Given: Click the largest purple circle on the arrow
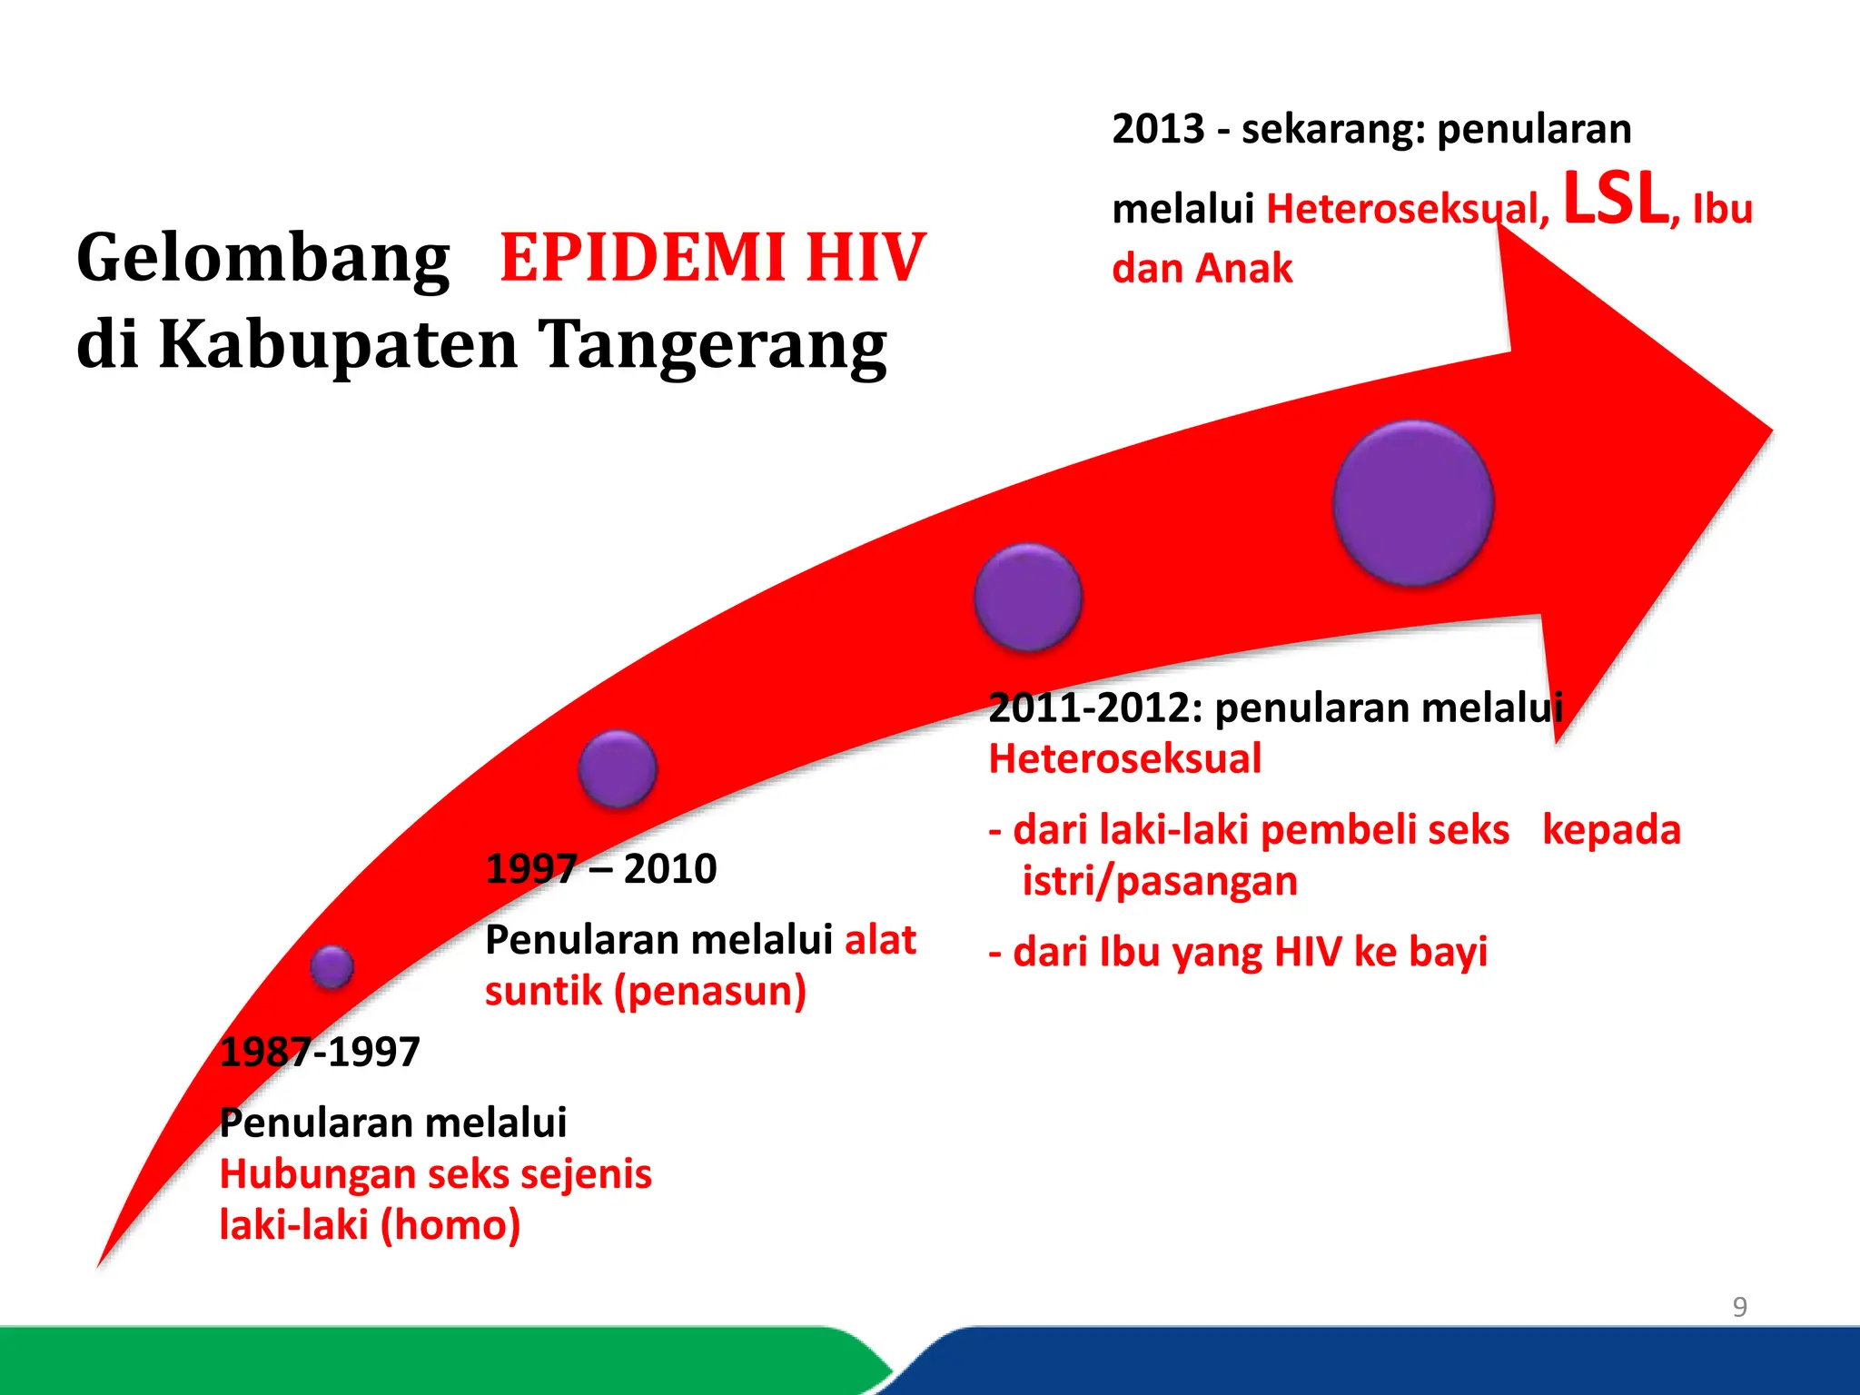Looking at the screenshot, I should tap(1413, 503).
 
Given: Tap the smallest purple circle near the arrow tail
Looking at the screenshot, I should tap(331, 966).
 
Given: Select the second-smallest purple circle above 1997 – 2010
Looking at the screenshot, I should tap(618, 769).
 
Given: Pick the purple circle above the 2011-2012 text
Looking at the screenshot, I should tap(1028, 597).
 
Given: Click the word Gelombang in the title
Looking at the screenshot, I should tap(263, 259).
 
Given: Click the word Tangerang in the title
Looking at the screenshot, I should tap(712, 345).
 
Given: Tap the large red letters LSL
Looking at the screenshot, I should tap(1615, 200).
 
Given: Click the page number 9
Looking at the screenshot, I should tap(1739, 1307).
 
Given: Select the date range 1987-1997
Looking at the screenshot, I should tap(320, 1053).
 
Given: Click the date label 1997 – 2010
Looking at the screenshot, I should tap(601, 869).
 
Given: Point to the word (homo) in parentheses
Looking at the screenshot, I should tap(450, 1225).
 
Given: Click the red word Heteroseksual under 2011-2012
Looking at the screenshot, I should tap(1124, 759).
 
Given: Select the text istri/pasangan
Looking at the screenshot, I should tap(1159, 881).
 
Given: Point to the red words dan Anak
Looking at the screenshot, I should tap(1202, 269).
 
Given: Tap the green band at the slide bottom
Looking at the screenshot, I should tap(409, 1362).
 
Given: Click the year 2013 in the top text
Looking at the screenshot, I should tap(1157, 129).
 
